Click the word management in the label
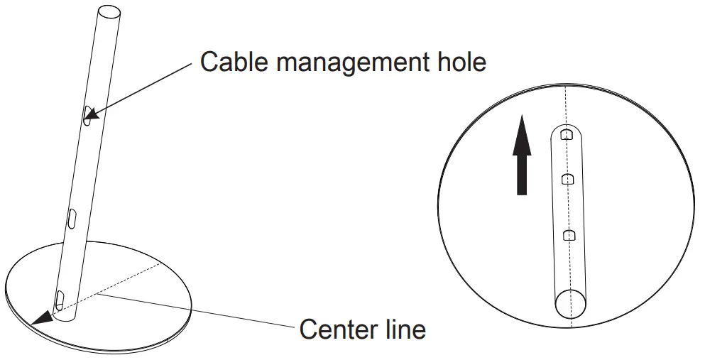[346, 63]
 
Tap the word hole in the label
[459, 62]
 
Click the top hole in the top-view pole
[566, 134]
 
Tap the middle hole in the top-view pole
[567, 179]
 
